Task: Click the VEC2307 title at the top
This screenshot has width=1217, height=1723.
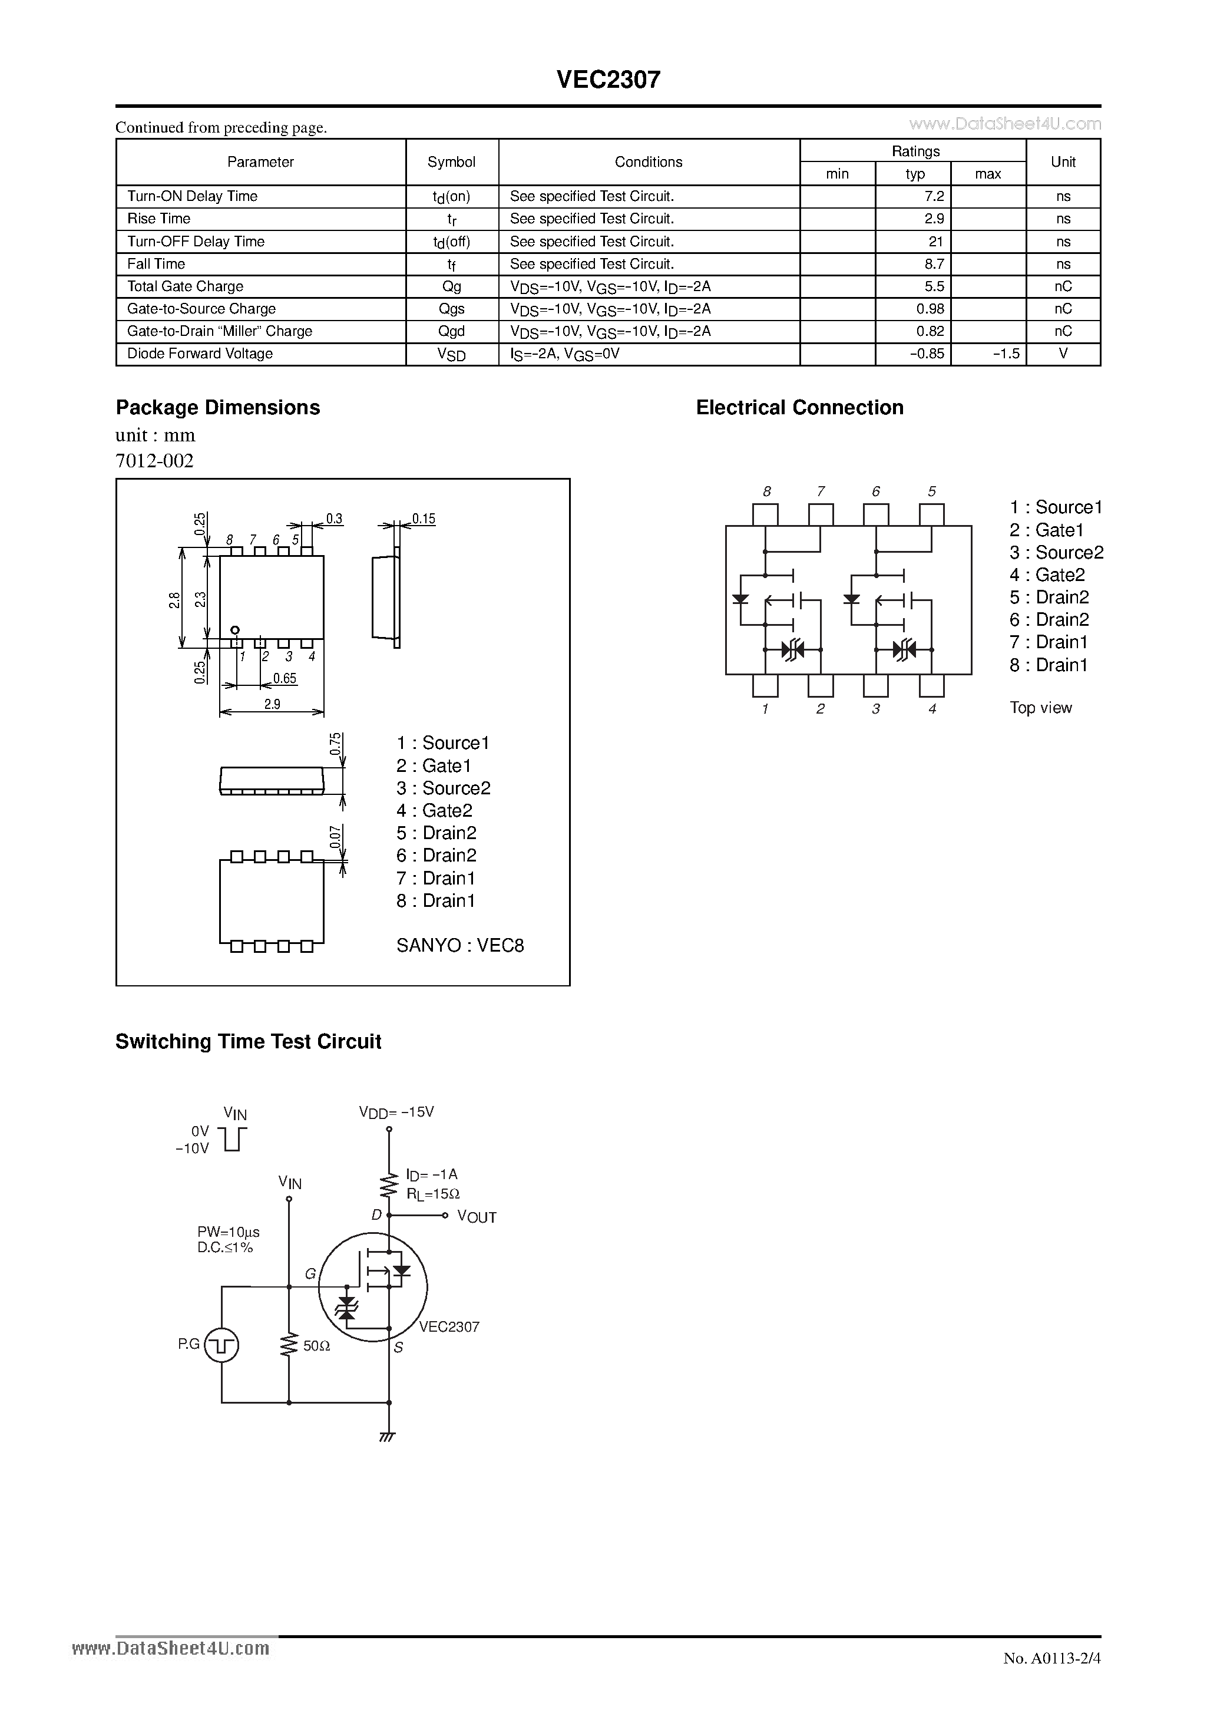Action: click(608, 80)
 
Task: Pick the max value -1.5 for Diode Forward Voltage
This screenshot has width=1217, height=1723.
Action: click(1006, 354)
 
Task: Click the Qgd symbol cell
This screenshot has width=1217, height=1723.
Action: click(452, 332)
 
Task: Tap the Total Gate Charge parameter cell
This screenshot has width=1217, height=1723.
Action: click(186, 286)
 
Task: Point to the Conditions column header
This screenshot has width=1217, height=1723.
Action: click(649, 162)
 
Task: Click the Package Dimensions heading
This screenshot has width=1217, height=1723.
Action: click(217, 408)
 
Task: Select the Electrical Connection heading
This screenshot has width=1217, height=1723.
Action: click(799, 408)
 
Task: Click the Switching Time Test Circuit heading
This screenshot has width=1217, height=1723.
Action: click(249, 1042)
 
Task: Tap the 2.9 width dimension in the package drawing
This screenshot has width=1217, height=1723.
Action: click(272, 704)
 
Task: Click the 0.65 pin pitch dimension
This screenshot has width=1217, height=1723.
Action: click(285, 678)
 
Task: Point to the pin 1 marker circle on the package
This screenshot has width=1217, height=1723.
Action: click(235, 629)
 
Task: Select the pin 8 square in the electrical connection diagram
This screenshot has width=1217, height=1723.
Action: click(765, 514)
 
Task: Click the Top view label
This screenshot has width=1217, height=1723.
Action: click(1041, 708)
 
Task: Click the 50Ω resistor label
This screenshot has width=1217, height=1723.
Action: click(317, 1346)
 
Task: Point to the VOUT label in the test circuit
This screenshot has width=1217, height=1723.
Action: click(477, 1217)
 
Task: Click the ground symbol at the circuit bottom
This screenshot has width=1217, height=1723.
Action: click(388, 1437)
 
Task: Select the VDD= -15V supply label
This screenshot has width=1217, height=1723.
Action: click(396, 1112)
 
